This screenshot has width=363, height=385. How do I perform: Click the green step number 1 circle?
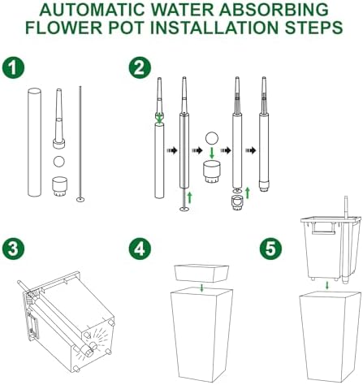tap(13, 67)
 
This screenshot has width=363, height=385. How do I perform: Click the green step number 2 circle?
tap(140, 67)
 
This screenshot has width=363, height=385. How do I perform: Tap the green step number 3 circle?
tap(13, 249)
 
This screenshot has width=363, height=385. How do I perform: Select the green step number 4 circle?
tap(140, 249)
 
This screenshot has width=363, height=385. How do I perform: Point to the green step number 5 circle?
tap(270, 249)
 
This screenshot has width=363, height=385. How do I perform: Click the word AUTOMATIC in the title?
tap(93, 10)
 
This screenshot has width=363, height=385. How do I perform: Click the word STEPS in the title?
tap(313, 28)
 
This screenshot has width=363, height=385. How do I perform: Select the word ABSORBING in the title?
tap(274, 10)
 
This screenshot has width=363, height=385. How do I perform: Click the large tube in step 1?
tap(34, 142)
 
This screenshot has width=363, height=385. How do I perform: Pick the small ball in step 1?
tap(59, 162)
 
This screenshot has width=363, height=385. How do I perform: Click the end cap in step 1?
tap(59, 187)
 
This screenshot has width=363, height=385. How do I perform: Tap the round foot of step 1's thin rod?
tap(80, 200)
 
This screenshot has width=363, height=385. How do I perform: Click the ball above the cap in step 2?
tap(212, 138)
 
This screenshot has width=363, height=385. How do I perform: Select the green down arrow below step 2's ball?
tap(212, 153)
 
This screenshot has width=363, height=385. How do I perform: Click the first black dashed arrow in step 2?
tap(171, 150)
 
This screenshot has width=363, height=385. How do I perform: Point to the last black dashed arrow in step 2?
tap(251, 150)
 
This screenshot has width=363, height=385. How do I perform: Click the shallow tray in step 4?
tap(201, 274)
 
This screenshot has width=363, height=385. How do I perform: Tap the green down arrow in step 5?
tap(327, 285)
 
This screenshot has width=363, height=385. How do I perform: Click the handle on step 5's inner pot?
tap(323, 228)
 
